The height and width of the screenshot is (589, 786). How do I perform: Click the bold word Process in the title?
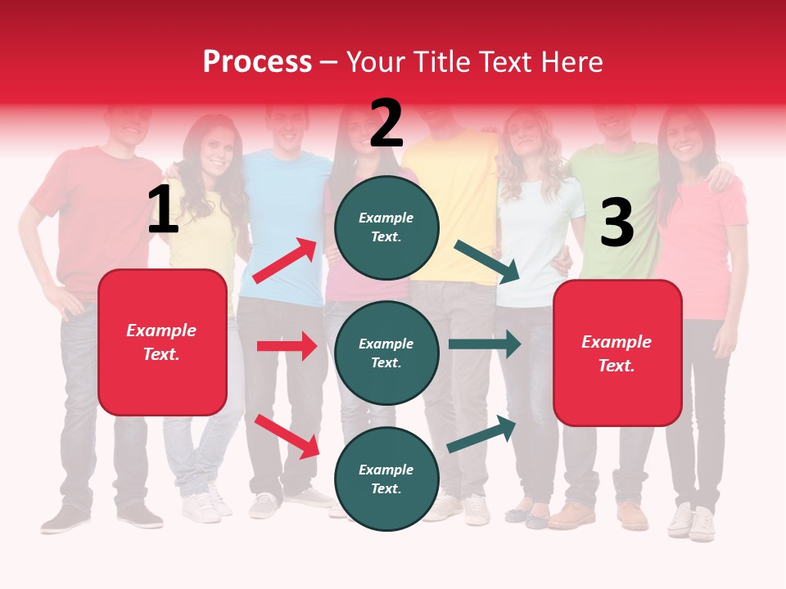pos(257,61)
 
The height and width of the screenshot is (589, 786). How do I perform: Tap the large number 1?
pos(163,209)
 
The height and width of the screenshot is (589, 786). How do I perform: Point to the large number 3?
pos(617,223)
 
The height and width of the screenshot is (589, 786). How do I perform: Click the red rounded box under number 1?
pos(162,342)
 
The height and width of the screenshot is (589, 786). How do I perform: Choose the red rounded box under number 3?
pos(617,353)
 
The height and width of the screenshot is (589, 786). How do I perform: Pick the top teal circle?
pos(386,227)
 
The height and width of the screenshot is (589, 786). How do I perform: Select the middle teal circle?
pos(386,353)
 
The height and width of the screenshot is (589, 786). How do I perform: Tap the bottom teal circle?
pos(386,479)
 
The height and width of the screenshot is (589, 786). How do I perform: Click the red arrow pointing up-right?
pos(285,261)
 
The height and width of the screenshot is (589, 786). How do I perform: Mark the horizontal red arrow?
pos(287,346)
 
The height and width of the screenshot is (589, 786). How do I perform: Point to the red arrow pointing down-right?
pos(287,436)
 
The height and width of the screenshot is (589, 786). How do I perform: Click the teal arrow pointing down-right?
pos(487,261)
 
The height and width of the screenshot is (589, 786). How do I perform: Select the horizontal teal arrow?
pos(485,344)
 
